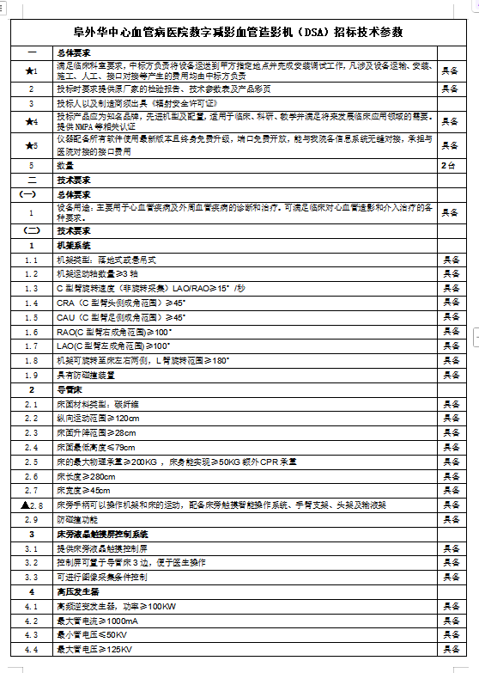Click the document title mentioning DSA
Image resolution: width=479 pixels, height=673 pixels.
(x=240, y=32)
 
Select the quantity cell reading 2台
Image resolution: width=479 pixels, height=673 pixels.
(x=448, y=164)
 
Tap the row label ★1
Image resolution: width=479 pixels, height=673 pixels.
(x=31, y=70)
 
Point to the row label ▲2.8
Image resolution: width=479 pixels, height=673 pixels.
(x=31, y=505)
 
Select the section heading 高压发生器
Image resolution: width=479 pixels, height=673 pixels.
(x=77, y=591)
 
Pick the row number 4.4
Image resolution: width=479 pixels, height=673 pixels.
(x=31, y=649)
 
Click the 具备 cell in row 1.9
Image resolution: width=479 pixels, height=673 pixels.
(x=450, y=375)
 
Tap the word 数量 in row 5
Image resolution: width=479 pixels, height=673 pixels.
(x=66, y=164)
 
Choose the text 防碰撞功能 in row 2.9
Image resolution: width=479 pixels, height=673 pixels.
(x=77, y=519)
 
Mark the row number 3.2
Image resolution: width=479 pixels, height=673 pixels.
(x=31, y=562)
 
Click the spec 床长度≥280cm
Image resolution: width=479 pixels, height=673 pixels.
(x=87, y=476)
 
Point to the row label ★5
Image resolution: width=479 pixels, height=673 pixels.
(x=31, y=146)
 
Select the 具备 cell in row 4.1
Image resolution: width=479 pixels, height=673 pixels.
(x=450, y=606)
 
